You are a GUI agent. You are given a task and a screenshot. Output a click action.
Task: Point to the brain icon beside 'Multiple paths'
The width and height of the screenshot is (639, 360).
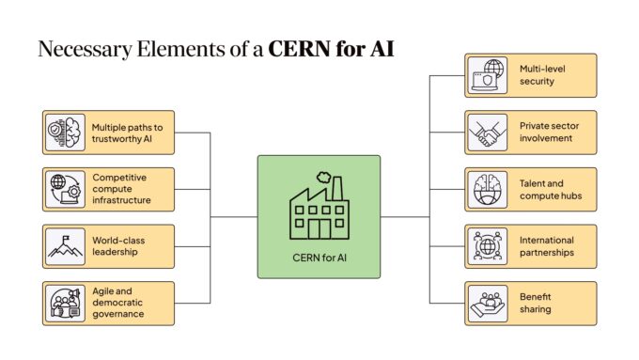(65, 133)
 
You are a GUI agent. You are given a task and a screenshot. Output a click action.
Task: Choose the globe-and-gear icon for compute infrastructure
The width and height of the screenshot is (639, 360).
(65, 189)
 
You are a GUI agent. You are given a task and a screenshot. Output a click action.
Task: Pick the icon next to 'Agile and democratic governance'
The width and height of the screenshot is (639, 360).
(65, 303)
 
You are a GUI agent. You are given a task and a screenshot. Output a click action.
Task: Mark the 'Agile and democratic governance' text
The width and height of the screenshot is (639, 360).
(118, 303)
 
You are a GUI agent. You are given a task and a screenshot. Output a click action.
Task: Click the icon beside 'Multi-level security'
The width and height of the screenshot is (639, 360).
(487, 75)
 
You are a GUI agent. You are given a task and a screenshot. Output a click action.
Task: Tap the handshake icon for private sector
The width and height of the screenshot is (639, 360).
(487, 132)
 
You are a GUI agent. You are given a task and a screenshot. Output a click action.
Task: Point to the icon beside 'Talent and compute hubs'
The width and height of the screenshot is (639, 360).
(487, 190)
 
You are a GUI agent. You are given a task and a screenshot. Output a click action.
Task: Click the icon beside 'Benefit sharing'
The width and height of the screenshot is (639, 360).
(487, 303)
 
